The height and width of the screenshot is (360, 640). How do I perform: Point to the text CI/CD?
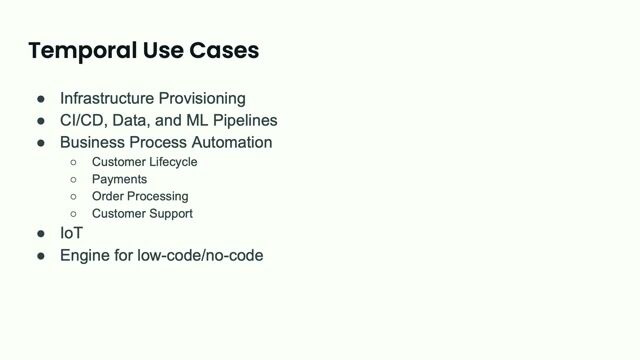[x=82, y=120]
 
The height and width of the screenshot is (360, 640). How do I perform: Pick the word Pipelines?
[x=244, y=120]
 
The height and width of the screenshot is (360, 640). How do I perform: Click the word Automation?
[x=229, y=142]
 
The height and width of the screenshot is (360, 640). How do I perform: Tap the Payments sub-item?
[x=119, y=179]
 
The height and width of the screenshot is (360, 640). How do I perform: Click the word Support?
[x=170, y=213]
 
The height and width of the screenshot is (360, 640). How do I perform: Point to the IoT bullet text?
[x=71, y=233]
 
